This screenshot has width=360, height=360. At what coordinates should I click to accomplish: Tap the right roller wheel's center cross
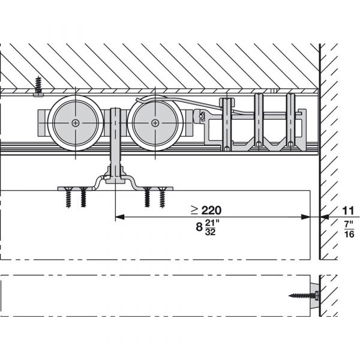[155, 123]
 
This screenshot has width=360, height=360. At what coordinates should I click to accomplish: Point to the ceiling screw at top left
[38, 86]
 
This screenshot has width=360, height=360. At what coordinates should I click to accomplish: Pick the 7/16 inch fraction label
[349, 229]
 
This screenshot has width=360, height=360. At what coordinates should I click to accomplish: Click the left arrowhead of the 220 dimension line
[119, 217]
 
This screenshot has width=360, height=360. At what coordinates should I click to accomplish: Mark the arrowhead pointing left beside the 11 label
[324, 217]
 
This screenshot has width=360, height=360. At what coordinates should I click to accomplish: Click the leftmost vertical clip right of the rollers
[226, 124]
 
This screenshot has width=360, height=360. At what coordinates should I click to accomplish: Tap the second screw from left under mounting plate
[83, 197]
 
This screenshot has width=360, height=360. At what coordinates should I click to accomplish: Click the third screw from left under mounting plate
[147, 197]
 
